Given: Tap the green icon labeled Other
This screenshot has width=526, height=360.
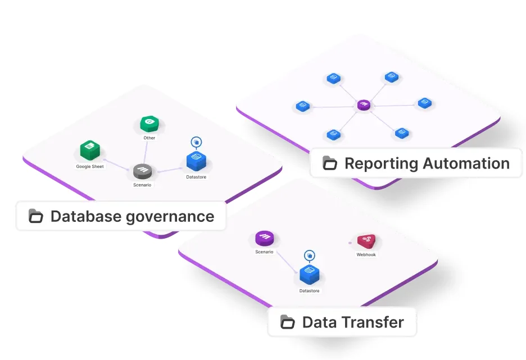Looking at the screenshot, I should click(149, 124).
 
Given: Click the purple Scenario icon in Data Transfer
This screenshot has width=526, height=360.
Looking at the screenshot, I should click(264, 238).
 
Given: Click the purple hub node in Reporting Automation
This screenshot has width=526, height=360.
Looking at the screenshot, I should click(364, 105).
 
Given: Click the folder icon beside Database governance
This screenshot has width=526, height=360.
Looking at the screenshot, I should click(36, 216).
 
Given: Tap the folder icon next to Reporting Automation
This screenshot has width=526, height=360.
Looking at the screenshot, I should click(330, 163).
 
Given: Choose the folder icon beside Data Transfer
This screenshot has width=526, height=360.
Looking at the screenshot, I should click(288, 322).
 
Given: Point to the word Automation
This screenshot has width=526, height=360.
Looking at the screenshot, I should click(466, 163).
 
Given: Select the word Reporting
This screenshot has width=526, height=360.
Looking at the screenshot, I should click(381, 164).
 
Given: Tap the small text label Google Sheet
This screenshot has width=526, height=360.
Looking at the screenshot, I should click(90, 167).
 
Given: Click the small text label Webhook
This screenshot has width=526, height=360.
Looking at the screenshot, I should click(366, 254).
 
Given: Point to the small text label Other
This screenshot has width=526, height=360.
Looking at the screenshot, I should click(149, 138).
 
